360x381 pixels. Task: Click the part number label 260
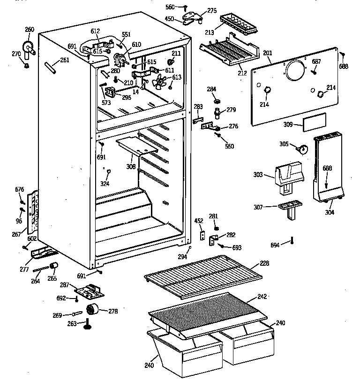coord(29,30)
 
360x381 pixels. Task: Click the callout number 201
coord(267,53)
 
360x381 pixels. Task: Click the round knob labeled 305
coord(303,149)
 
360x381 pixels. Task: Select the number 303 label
coord(258,175)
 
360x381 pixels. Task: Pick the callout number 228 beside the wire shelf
coord(264,263)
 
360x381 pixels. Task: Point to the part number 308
coord(131,167)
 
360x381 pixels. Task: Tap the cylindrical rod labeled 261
coord(51,67)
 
